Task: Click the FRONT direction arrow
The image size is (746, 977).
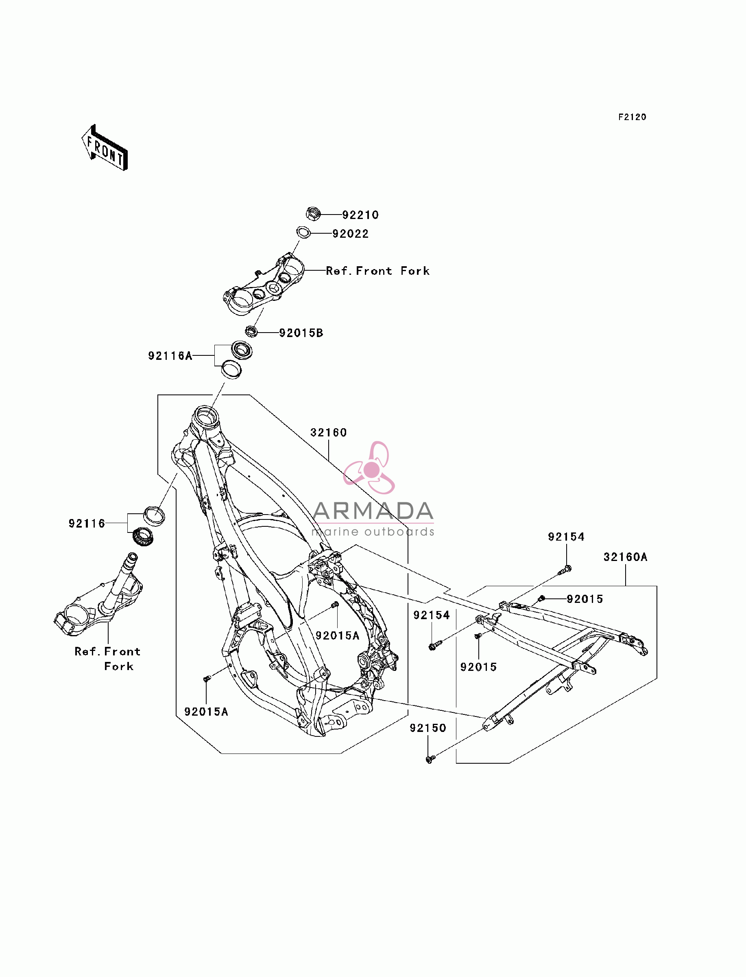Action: click(x=105, y=148)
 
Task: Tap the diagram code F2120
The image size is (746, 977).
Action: click(x=633, y=117)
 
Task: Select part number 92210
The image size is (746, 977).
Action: click(x=360, y=215)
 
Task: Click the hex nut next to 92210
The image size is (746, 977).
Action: click(x=314, y=214)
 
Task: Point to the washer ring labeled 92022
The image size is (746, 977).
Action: click(x=304, y=232)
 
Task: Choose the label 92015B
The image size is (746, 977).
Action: click(x=301, y=333)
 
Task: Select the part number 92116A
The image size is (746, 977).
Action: click(x=170, y=356)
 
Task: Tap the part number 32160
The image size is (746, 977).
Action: click(x=329, y=432)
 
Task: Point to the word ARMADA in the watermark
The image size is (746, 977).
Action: click(x=373, y=511)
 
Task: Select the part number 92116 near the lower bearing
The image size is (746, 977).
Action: click(x=87, y=524)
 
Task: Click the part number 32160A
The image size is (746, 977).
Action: click(x=625, y=557)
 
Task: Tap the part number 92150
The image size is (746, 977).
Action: click(x=428, y=728)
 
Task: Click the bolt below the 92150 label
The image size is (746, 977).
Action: click(x=430, y=759)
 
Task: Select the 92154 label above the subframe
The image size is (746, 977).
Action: click(x=566, y=537)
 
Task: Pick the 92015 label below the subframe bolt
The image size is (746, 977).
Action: click(x=479, y=667)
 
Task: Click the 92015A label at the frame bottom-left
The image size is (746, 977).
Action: click(x=206, y=712)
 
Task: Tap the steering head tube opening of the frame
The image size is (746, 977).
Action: click(x=205, y=416)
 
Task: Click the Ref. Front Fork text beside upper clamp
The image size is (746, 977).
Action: click(x=378, y=271)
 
